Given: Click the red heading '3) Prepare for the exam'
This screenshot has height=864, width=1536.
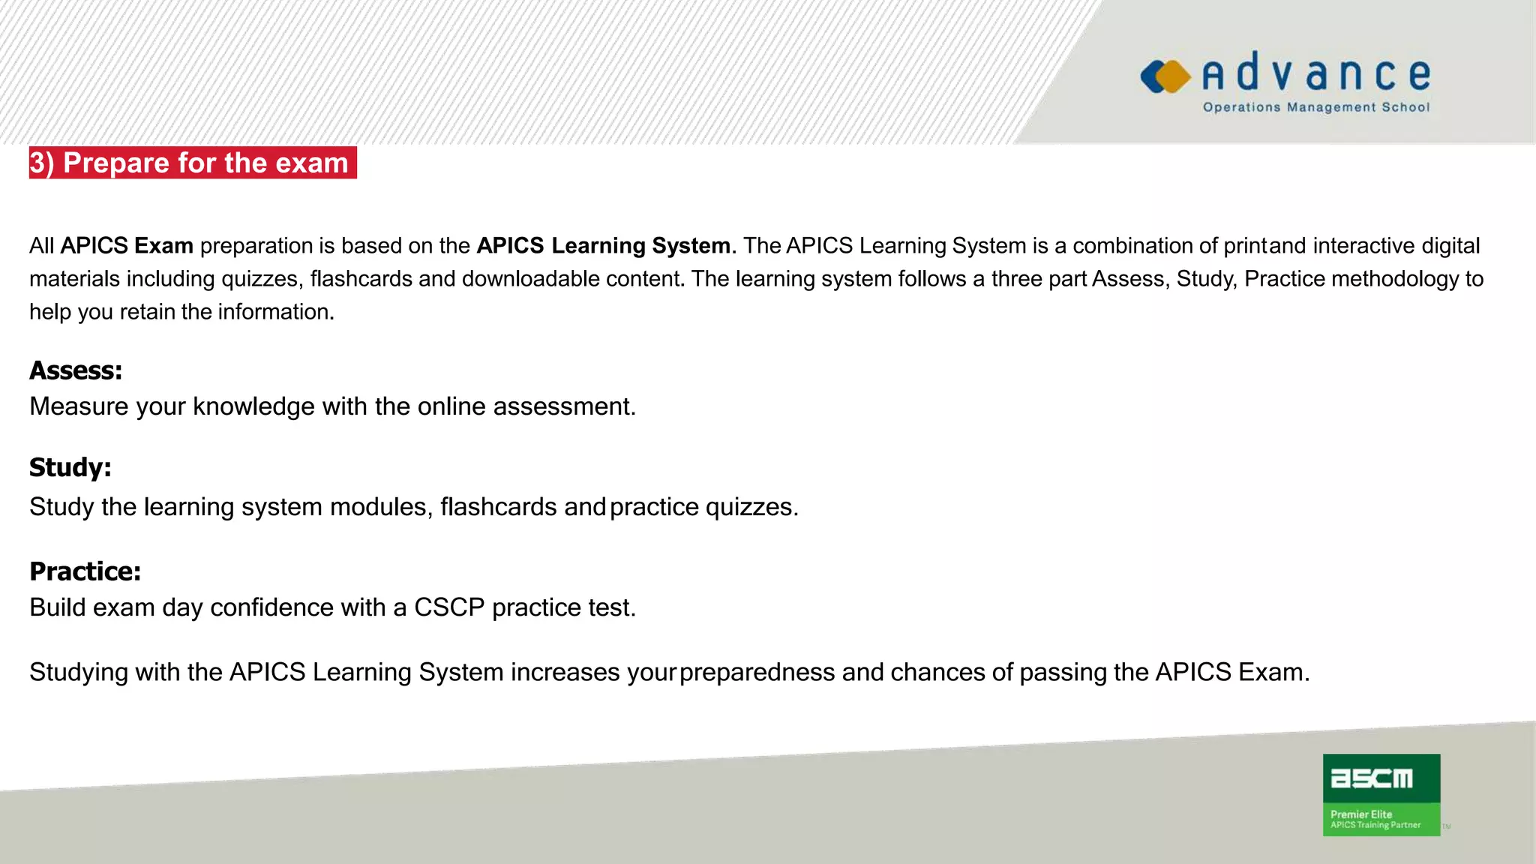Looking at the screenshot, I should click(193, 163).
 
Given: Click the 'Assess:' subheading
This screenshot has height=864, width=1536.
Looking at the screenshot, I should click(76, 370).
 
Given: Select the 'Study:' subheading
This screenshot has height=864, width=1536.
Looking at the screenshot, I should click(70, 467).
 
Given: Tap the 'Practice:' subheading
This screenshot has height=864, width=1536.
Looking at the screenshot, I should click(85, 571).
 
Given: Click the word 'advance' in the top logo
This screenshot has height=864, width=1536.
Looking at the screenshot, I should click(1316, 74).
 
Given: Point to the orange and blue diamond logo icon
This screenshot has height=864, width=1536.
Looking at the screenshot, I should click(1165, 76).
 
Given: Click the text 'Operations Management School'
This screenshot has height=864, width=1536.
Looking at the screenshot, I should click(1316, 107).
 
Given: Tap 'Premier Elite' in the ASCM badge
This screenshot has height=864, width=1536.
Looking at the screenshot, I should click(1360, 814).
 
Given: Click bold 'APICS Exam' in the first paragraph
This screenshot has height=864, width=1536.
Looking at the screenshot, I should click(127, 246).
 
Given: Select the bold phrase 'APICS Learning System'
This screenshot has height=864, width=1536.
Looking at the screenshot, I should click(603, 246).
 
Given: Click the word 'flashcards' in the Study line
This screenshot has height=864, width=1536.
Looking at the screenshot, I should click(498, 507).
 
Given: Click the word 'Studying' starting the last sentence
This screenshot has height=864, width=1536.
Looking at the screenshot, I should click(79, 672).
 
